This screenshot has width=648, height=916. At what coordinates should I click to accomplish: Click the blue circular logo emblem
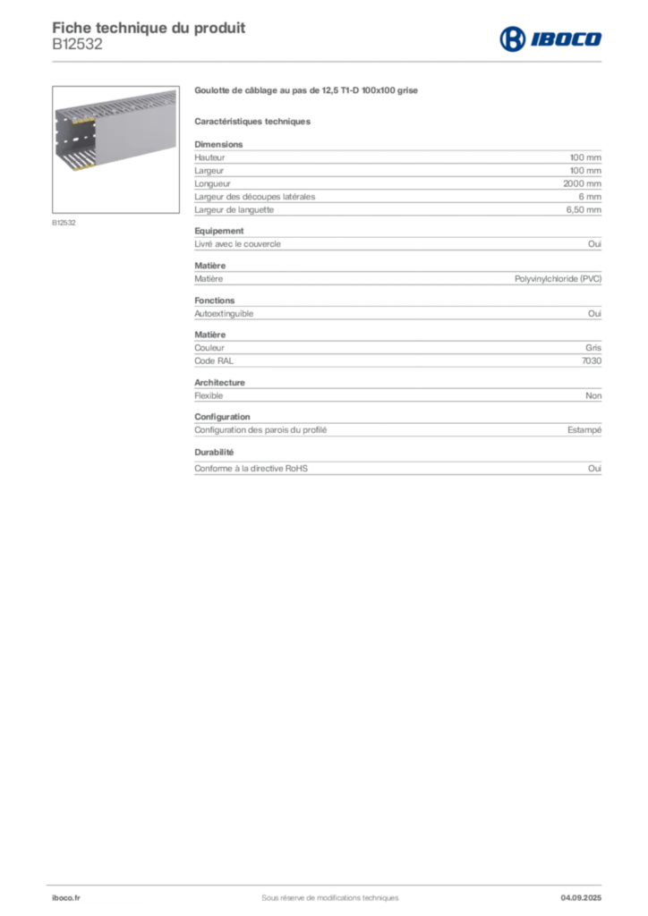[512, 38]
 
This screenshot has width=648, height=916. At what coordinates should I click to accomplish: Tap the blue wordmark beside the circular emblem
[567, 38]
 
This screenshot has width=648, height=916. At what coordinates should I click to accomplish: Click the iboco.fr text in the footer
[64, 897]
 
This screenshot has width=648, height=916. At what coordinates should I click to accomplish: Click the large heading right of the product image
[307, 91]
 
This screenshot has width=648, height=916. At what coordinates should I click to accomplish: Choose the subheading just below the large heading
[254, 121]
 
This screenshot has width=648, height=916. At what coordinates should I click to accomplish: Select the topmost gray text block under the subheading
[397, 161]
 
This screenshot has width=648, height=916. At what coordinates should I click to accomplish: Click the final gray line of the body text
[397, 469]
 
